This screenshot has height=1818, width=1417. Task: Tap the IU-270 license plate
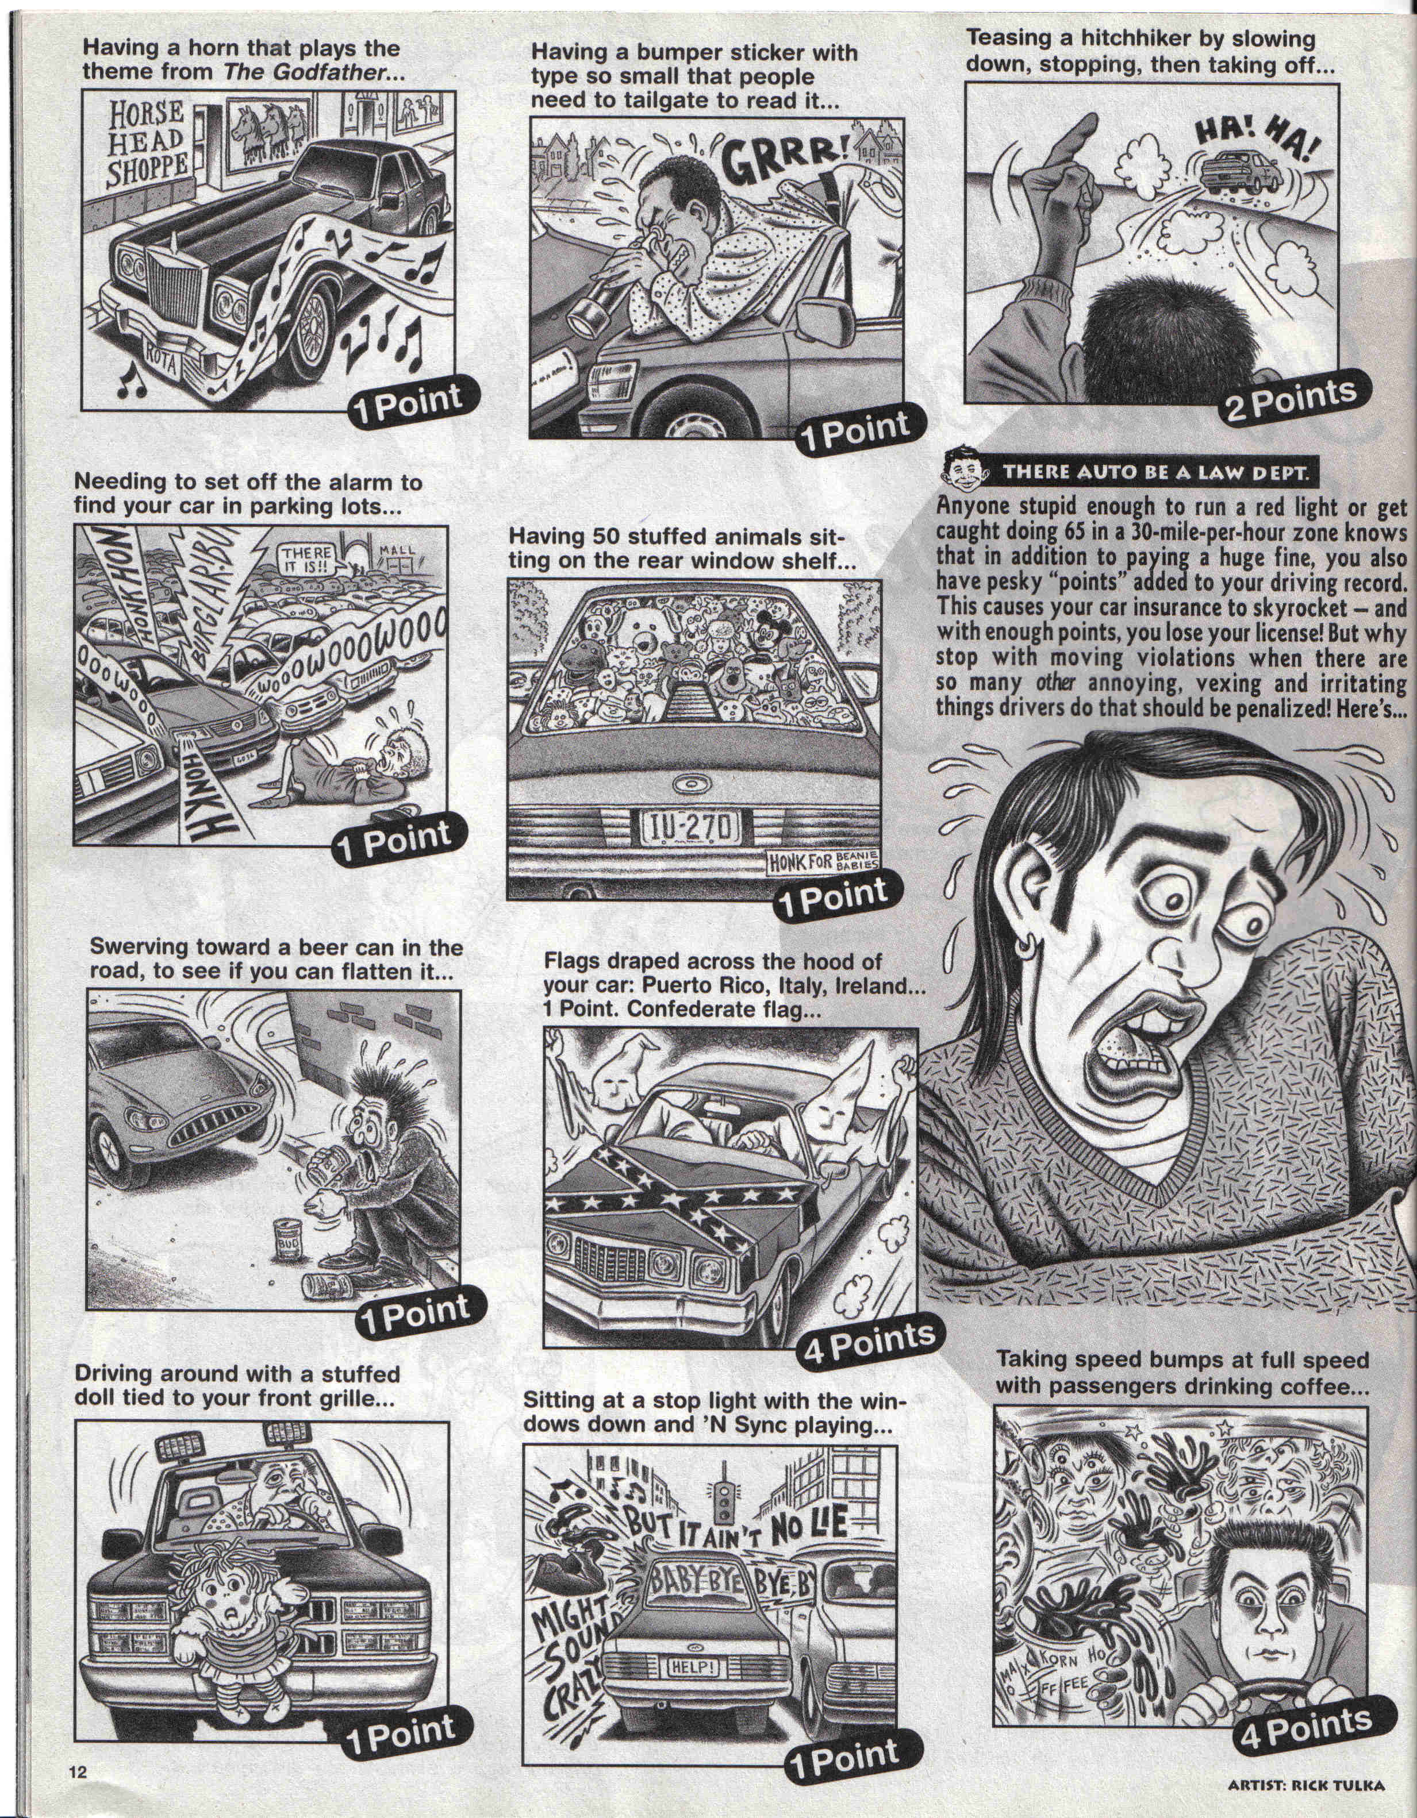[688, 828]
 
